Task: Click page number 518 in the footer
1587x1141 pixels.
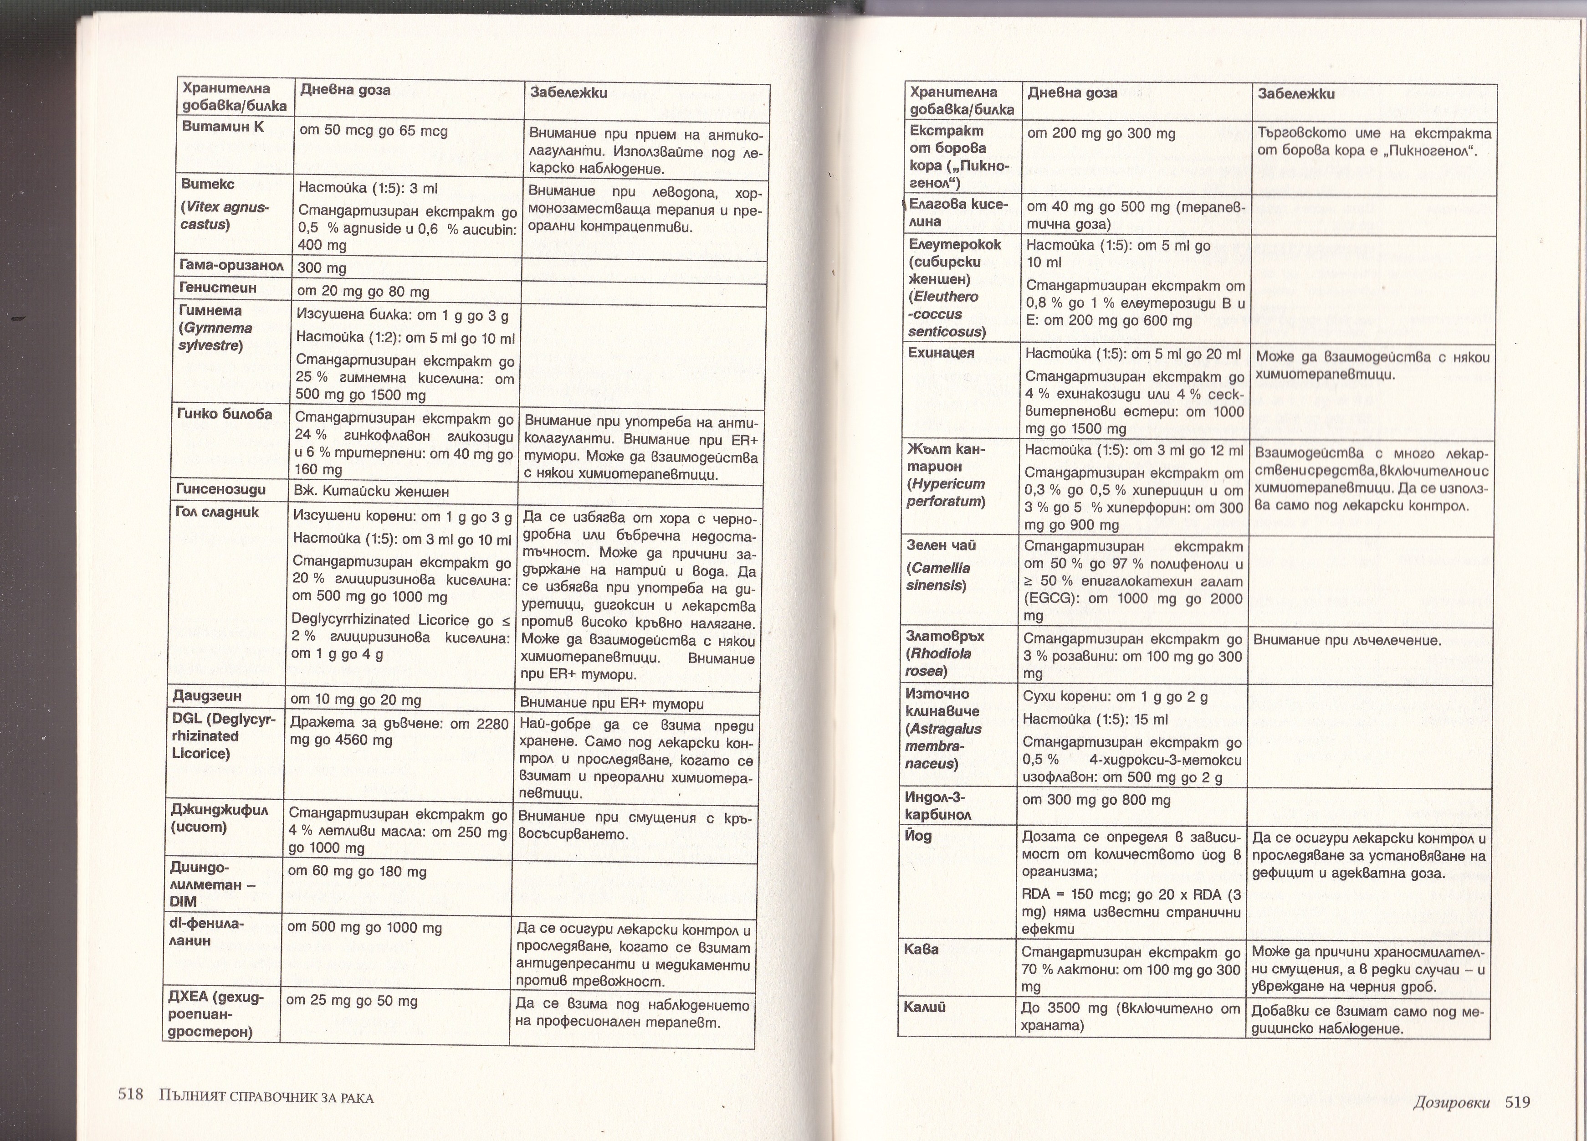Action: pyautogui.click(x=130, y=1095)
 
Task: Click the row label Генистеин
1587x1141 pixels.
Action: pyautogui.click(x=218, y=288)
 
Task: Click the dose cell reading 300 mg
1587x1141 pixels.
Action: pyautogui.click(x=322, y=268)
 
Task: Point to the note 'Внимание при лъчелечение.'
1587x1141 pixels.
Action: pyautogui.click(x=1347, y=640)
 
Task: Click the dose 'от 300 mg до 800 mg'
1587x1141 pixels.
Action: pyautogui.click(x=1096, y=800)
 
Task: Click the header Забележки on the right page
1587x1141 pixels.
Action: pyautogui.click(x=1296, y=94)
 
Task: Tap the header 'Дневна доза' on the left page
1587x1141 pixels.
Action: pyautogui.click(x=345, y=90)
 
